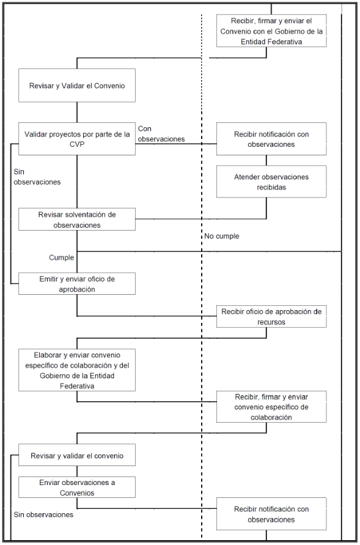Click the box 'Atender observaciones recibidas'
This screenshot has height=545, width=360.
(271, 182)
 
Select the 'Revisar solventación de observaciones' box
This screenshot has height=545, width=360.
(77, 219)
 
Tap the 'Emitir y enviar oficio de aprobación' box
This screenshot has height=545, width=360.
(77, 284)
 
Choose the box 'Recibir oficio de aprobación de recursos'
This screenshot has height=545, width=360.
(271, 316)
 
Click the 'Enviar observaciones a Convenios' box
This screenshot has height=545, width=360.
(77, 488)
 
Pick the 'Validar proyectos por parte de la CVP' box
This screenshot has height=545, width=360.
(77, 139)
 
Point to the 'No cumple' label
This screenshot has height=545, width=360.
(221, 236)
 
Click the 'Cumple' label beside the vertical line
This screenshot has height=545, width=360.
(62, 258)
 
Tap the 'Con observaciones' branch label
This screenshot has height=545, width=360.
(161, 134)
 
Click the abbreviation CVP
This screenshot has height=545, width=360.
(77, 144)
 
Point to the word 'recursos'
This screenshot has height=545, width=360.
(271, 322)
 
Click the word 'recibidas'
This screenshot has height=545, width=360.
(271, 187)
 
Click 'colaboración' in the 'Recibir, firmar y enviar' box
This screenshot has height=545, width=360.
(271, 417)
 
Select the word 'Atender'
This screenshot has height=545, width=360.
(246, 177)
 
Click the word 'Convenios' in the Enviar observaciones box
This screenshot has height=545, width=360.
(77, 493)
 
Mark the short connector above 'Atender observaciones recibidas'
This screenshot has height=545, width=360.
(266, 160)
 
